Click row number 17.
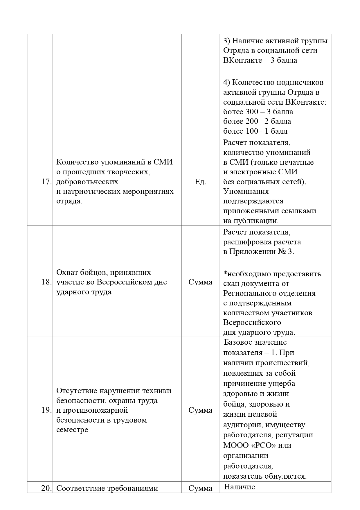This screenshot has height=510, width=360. (x=46, y=182)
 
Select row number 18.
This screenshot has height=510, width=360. (x=46, y=282)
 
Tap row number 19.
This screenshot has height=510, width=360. (x=46, y=410)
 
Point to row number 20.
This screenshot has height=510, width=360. (x=46, y=488)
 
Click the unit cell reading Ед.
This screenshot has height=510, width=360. (x=200, y=182)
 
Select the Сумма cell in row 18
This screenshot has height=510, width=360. (x=200, y=282)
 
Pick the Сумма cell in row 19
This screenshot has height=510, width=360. (x=200, y=410)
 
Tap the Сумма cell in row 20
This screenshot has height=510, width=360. (x=200, y=488)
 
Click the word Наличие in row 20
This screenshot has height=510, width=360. (x=240, y=487)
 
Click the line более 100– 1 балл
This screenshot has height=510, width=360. (x=255, y=131)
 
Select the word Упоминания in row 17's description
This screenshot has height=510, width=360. (x=246, y=192)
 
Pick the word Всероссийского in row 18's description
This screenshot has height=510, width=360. (x=252, y=323)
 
